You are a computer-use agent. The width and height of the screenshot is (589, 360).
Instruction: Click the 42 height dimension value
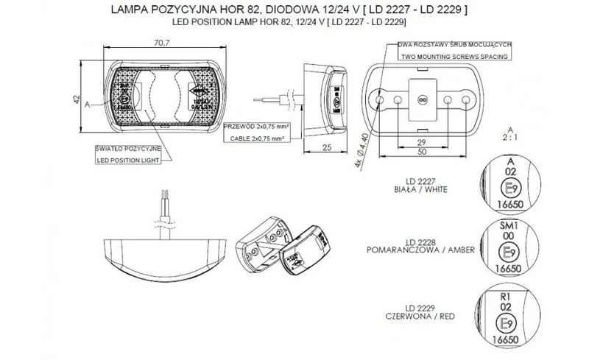click(77, 99)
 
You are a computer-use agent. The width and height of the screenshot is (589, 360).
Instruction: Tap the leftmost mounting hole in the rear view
click(380, 99)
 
